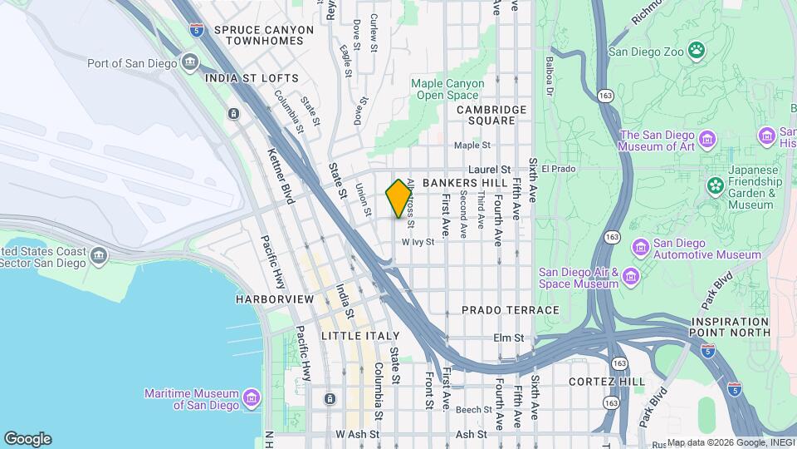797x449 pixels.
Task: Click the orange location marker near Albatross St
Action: (399, 199)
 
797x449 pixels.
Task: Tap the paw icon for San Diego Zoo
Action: (696, 51)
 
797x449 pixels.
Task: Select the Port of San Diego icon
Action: (190, 62)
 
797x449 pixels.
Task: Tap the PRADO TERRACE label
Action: (511, 310)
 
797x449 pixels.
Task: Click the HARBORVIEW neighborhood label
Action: (274, 299)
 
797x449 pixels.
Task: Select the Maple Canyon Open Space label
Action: (447, 89)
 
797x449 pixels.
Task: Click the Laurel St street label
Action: (493, 169)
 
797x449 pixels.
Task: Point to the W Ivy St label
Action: (418, 242)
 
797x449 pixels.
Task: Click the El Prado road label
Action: (558, 169)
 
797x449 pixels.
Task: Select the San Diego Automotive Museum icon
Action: (640, 247)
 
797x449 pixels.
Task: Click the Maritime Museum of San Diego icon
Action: (251, 394)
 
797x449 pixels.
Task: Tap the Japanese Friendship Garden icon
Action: (714, 185)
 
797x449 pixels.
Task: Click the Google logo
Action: (27, 439)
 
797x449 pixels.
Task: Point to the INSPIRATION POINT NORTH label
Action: (731, 327)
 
